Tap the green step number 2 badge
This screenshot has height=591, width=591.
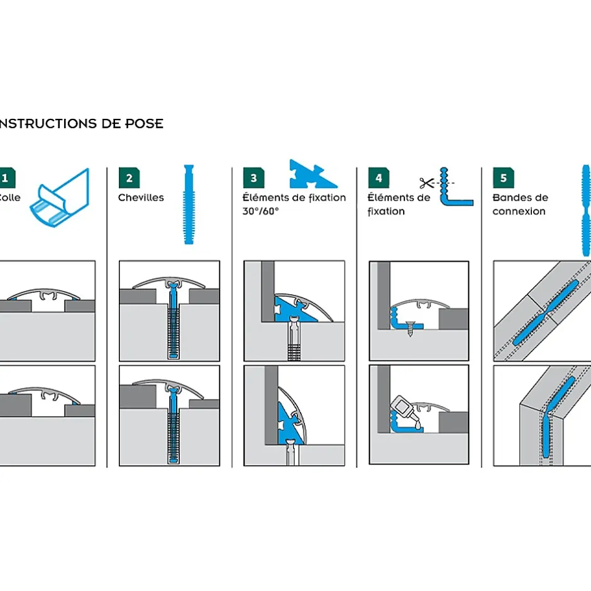tap(129, 178)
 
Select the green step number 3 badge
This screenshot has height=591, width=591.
tap(253, 178)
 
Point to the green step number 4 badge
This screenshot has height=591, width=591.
tap(378, 178)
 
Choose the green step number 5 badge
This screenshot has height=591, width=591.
tap(503, 178)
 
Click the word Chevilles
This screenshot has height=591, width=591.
tap(141, 197)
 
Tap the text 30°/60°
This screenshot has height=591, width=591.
tap(260, 211)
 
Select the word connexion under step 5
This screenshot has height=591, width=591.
tap(519, 211)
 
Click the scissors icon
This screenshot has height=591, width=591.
tap(427, 184)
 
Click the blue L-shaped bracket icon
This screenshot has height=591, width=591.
tap(453, 191)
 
